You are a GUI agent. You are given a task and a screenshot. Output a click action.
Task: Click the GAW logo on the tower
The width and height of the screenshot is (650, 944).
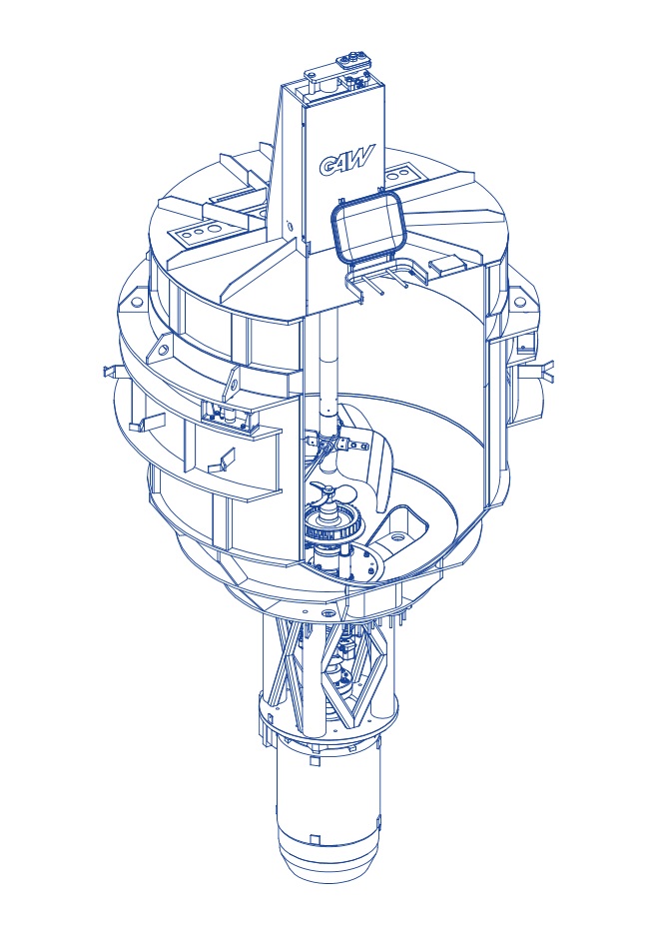point(347,161)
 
